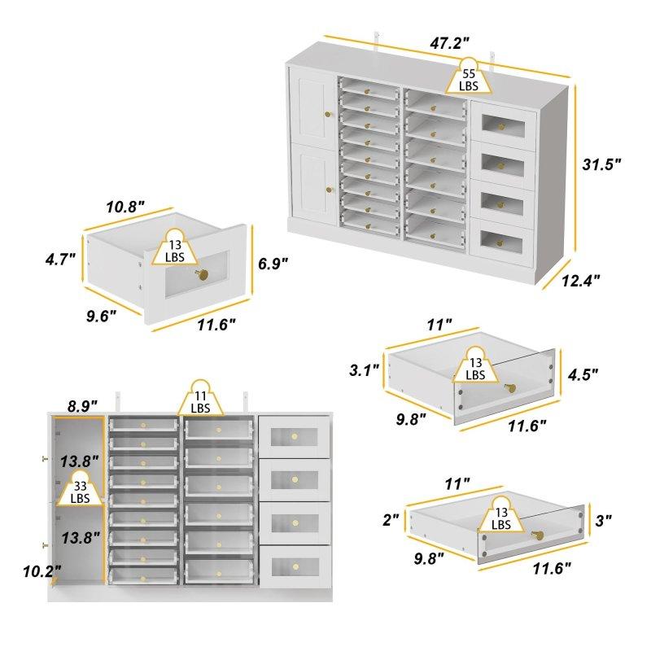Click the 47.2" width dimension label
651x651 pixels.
point(449,43)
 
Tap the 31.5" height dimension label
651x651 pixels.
point(601,164)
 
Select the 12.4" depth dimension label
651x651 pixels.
point(581,281)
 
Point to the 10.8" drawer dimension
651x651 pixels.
point(125,207)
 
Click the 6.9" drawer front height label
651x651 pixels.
point(273,263)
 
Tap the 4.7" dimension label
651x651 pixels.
point(60,260)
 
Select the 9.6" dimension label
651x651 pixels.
point(101,316)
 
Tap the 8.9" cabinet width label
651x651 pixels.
point(82,406)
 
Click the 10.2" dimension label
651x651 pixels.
point(42,571)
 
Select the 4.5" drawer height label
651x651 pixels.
point(583,374)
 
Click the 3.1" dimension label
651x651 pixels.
point(364,370)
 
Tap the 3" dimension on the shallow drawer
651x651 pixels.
point(603,520)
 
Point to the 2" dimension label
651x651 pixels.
point(391,519)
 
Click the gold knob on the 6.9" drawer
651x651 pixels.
point(202,274)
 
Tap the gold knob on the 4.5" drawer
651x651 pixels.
point(510,388)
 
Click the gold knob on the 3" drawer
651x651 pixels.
point(538,535)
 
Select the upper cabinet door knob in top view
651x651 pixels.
point(329,115)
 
